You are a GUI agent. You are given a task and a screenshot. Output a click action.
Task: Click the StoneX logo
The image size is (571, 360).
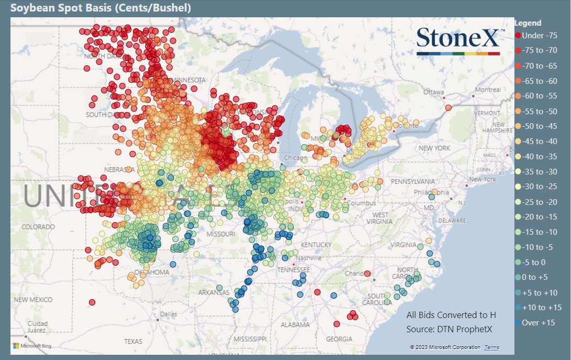[x=458, y=41]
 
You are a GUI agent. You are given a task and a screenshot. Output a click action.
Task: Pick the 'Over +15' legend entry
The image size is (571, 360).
[x=538, y=323]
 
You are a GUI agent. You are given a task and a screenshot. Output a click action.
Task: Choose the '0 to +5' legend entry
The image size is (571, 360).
[x=535, y=277]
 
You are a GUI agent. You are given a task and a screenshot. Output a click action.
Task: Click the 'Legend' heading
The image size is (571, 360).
[x=528, y=23]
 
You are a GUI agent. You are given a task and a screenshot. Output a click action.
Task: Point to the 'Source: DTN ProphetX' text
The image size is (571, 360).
[x=449, y=329]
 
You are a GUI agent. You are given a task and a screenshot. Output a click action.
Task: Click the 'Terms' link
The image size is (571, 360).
[x=491, y=347]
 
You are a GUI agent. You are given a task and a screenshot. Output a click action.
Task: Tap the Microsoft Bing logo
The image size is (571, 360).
[x=32, y=346]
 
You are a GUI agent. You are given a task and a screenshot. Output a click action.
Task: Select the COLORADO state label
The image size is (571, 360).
[x=38, y=227]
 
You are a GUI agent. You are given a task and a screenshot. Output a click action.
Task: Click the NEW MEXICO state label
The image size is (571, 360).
[x=34, y=299]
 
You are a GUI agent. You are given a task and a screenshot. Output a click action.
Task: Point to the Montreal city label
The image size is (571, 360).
[x=488, y=90]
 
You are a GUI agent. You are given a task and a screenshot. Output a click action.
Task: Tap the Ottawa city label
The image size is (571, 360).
[x=434, y=92]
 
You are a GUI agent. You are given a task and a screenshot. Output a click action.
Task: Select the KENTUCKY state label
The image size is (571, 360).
[x=316, y=245]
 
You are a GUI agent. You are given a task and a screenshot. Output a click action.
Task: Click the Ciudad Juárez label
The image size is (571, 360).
[x=38, y=327]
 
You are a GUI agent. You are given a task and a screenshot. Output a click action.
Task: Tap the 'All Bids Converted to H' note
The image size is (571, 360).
[x=451, y=315]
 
